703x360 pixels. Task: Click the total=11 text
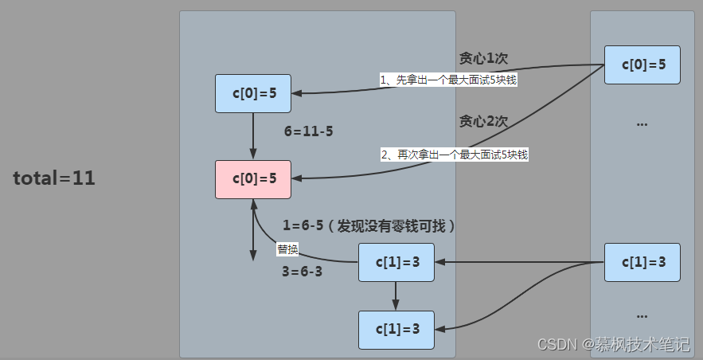point(54,178)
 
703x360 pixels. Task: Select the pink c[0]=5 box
point(253,179)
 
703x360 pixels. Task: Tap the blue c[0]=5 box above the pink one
point(253,93)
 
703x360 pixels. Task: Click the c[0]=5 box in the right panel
point(642,65)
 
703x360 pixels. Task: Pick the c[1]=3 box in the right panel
point(642,262)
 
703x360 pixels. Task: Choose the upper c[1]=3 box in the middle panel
point(396,262)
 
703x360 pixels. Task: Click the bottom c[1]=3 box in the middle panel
point(396,330)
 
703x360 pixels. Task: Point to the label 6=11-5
point(308,131)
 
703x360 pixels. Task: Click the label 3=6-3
point(302,272)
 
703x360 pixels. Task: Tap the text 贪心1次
point(483,58)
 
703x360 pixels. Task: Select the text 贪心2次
point(483,121)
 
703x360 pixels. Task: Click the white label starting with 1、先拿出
point(448,80)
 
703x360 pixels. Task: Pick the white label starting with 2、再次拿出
point(454,155)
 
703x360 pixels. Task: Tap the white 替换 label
point(287,249)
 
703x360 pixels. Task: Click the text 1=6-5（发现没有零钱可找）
point(369,226)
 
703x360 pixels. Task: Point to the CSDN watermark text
point(613,344)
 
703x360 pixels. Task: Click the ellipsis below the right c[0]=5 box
point(642,124)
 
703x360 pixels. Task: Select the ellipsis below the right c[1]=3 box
point(642,316)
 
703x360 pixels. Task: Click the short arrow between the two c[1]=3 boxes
point(396,296)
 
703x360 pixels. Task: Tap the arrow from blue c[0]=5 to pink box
point(253,136)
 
